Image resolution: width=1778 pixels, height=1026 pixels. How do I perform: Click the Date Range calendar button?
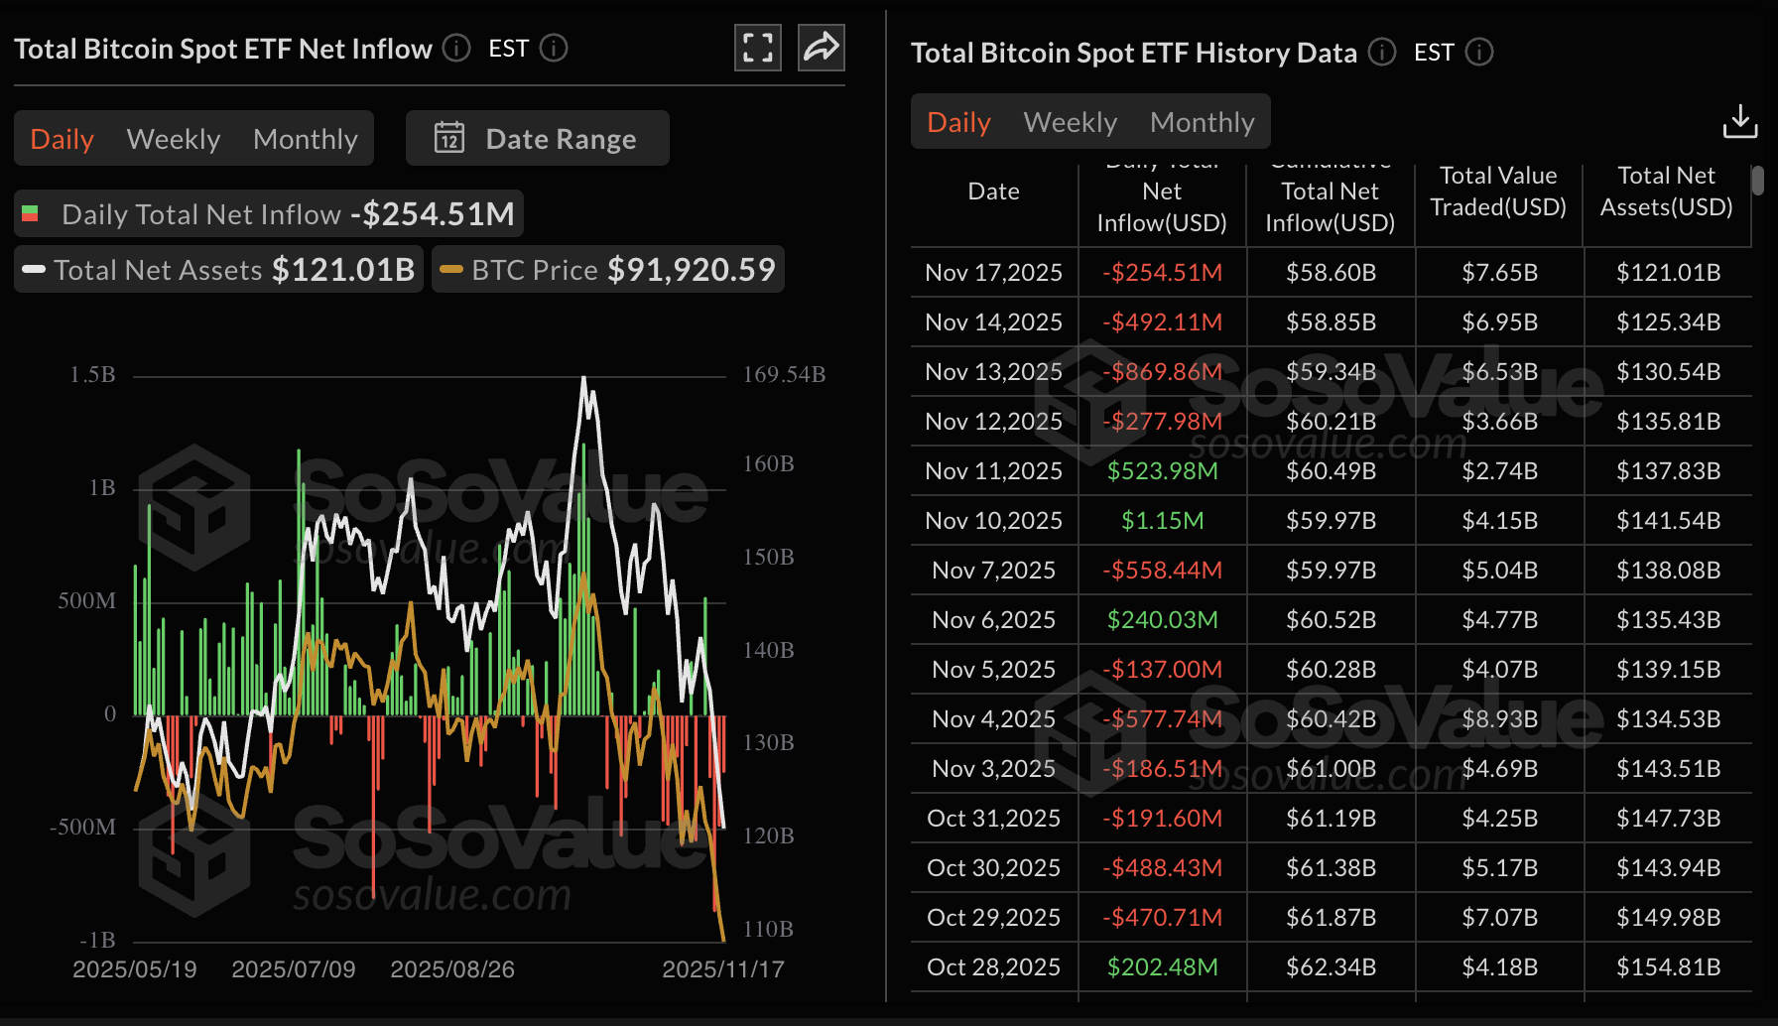[x=537, y=139]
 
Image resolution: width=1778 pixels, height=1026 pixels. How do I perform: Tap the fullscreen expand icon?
[x=758, y=48]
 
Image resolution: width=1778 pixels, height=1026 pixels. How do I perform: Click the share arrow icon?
[x=822, y=48]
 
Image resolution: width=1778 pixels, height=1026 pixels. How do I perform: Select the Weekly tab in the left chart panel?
[x=174, y=139]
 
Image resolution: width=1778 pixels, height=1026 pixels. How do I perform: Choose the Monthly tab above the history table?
[x=1202, y=122]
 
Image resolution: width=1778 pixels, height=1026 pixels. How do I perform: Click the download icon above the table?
[x=1739, y=122]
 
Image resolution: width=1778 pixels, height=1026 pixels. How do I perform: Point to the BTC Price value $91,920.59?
[x=691, y=270]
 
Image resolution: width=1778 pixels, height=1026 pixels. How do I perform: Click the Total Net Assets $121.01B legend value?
[x=343, y=270]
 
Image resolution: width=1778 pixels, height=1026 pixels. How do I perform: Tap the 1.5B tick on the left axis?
[x=92, y=375]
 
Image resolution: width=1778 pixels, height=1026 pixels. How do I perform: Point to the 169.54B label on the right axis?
[x=784, y=375]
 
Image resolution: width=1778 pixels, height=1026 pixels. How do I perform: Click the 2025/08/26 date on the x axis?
[x=452, y=969]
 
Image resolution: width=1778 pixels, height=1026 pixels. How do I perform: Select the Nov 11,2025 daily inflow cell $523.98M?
[x=1162, y=471]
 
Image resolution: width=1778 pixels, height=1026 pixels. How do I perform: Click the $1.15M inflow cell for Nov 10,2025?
[x=1162, y=521]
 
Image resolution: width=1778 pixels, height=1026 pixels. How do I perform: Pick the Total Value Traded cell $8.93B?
[x=1499, y=719]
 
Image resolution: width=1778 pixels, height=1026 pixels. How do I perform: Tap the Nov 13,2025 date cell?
[x=993, y=372]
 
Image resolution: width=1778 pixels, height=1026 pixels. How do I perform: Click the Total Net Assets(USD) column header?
[x=1666, y=192]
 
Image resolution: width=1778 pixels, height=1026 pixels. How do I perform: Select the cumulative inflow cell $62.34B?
[x=1331, y=967]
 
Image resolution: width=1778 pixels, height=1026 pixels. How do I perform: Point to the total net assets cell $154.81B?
[x=1668, y=967]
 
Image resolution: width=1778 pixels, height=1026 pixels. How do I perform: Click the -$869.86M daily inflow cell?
[x=1162, y=372]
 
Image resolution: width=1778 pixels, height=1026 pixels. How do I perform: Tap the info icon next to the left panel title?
[x=456, y=48]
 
